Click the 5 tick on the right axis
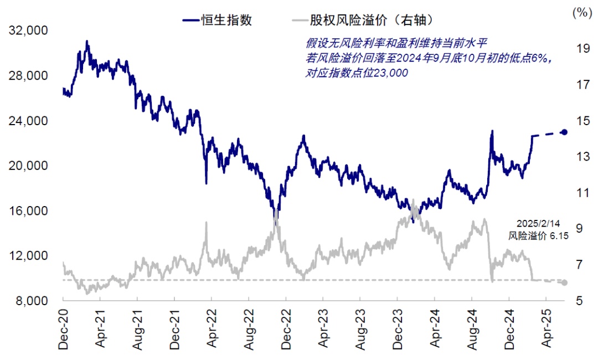[579, 301]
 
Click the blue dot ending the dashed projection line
[564, 132]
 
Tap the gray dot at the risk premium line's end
[564, 282]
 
